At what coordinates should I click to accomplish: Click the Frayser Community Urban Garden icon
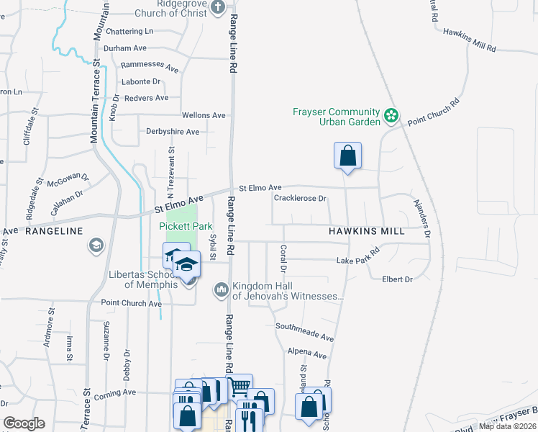click(391, 115)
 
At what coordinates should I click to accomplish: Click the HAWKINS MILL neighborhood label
click(366, 231)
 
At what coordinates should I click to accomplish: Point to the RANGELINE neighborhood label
click(54, 231)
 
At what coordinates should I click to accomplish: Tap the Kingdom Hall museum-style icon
click(221, 289)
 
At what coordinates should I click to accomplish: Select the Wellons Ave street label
click(204, 115)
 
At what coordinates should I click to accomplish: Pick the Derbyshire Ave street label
click(172, 132)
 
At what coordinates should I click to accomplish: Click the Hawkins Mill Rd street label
click(469, 40)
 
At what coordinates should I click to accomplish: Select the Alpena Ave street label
click(306, 354)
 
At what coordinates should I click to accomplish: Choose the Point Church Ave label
click(131, 303)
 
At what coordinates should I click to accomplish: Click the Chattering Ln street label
click(129, 32)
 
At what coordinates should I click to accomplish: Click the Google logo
click(24, 423)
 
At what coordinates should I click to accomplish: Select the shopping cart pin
click(239, 387)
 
